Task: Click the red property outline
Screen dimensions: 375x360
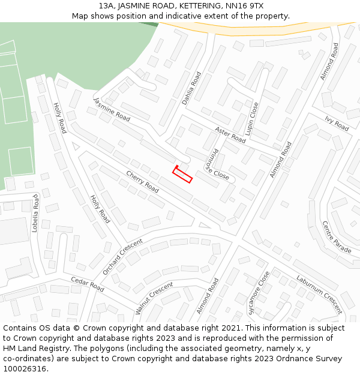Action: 182,175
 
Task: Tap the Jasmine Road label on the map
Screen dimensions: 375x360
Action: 112,109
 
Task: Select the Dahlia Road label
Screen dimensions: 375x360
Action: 192,89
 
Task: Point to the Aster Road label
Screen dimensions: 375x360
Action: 230,134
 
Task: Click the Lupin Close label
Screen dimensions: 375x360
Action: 254,118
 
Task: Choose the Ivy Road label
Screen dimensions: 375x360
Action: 337,123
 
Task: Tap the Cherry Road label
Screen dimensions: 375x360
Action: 142,181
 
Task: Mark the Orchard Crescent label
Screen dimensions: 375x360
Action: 122,257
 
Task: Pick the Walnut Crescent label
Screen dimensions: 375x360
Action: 154,298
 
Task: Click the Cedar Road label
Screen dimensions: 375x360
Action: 88,284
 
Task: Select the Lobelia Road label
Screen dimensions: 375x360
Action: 35,213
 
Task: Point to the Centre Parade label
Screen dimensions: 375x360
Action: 337,236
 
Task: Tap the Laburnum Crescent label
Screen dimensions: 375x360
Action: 319,294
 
